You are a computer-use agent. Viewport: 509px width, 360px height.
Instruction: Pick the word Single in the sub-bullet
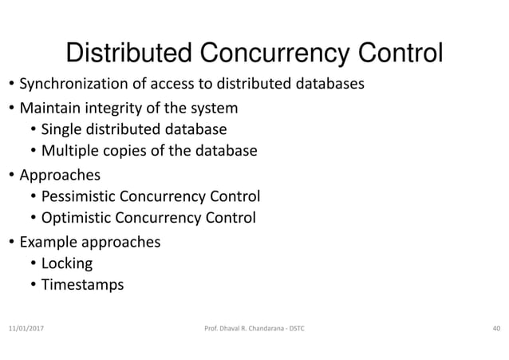[x=59, y=129]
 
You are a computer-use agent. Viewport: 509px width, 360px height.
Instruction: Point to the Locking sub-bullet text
[x=67, y=263]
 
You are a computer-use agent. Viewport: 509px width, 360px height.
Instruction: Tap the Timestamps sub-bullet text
[x=82, y=285]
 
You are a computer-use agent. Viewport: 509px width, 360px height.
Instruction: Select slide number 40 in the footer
[x=495, y=327]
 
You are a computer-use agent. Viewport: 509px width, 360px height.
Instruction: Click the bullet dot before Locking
[x=32, y=263]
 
